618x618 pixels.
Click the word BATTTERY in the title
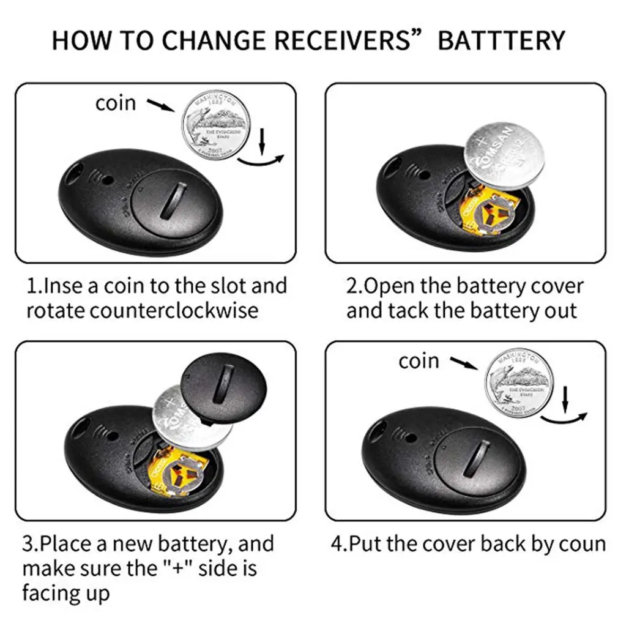(502, 40)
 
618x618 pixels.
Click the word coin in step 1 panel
(116, 103)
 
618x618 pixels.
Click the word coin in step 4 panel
(419, 361)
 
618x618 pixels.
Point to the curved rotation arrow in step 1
(261, 158)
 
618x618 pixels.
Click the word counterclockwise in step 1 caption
(174, 310)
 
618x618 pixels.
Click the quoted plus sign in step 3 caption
(182, 569)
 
